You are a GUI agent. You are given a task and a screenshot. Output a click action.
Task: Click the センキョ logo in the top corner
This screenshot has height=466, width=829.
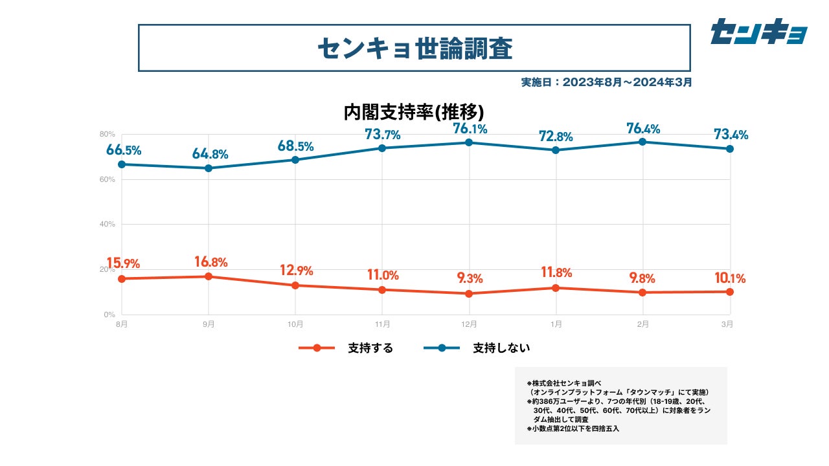[758, 31]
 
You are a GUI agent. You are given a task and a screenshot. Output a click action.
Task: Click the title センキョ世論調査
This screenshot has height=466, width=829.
[414, 48]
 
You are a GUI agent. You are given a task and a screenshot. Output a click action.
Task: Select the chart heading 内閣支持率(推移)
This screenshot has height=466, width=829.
[414, 112]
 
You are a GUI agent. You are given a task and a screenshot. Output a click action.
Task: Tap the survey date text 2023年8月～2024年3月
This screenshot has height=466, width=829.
[607, 82]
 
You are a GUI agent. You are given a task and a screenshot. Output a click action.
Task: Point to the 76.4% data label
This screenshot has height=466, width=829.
[643, 129]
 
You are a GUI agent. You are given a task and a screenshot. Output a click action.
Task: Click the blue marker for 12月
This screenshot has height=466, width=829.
[469, 142]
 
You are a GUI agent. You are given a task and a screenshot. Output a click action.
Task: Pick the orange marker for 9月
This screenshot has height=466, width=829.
[209, 276]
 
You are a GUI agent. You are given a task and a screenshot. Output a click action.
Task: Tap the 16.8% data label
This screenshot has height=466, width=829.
[210, 262]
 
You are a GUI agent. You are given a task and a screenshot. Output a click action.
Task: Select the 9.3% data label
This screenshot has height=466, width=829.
[470, 279]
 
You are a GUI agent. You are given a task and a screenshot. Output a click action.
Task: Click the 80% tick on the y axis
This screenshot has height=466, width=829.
[108, 134]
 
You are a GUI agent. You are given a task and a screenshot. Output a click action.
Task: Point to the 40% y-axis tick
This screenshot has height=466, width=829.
[108, 225]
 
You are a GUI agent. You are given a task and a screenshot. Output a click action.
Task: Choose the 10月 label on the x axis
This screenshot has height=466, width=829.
[295, 324]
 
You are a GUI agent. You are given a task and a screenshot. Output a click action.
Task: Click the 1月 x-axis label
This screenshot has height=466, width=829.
[556, 324]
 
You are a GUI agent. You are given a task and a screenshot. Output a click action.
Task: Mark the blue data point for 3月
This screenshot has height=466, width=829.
[730, 149]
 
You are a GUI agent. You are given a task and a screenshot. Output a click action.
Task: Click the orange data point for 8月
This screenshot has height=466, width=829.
[122, 279]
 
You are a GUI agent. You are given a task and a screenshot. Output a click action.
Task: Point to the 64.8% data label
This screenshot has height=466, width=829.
[210, 154]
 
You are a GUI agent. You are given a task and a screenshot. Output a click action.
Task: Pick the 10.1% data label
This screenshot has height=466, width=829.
[729, 279]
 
